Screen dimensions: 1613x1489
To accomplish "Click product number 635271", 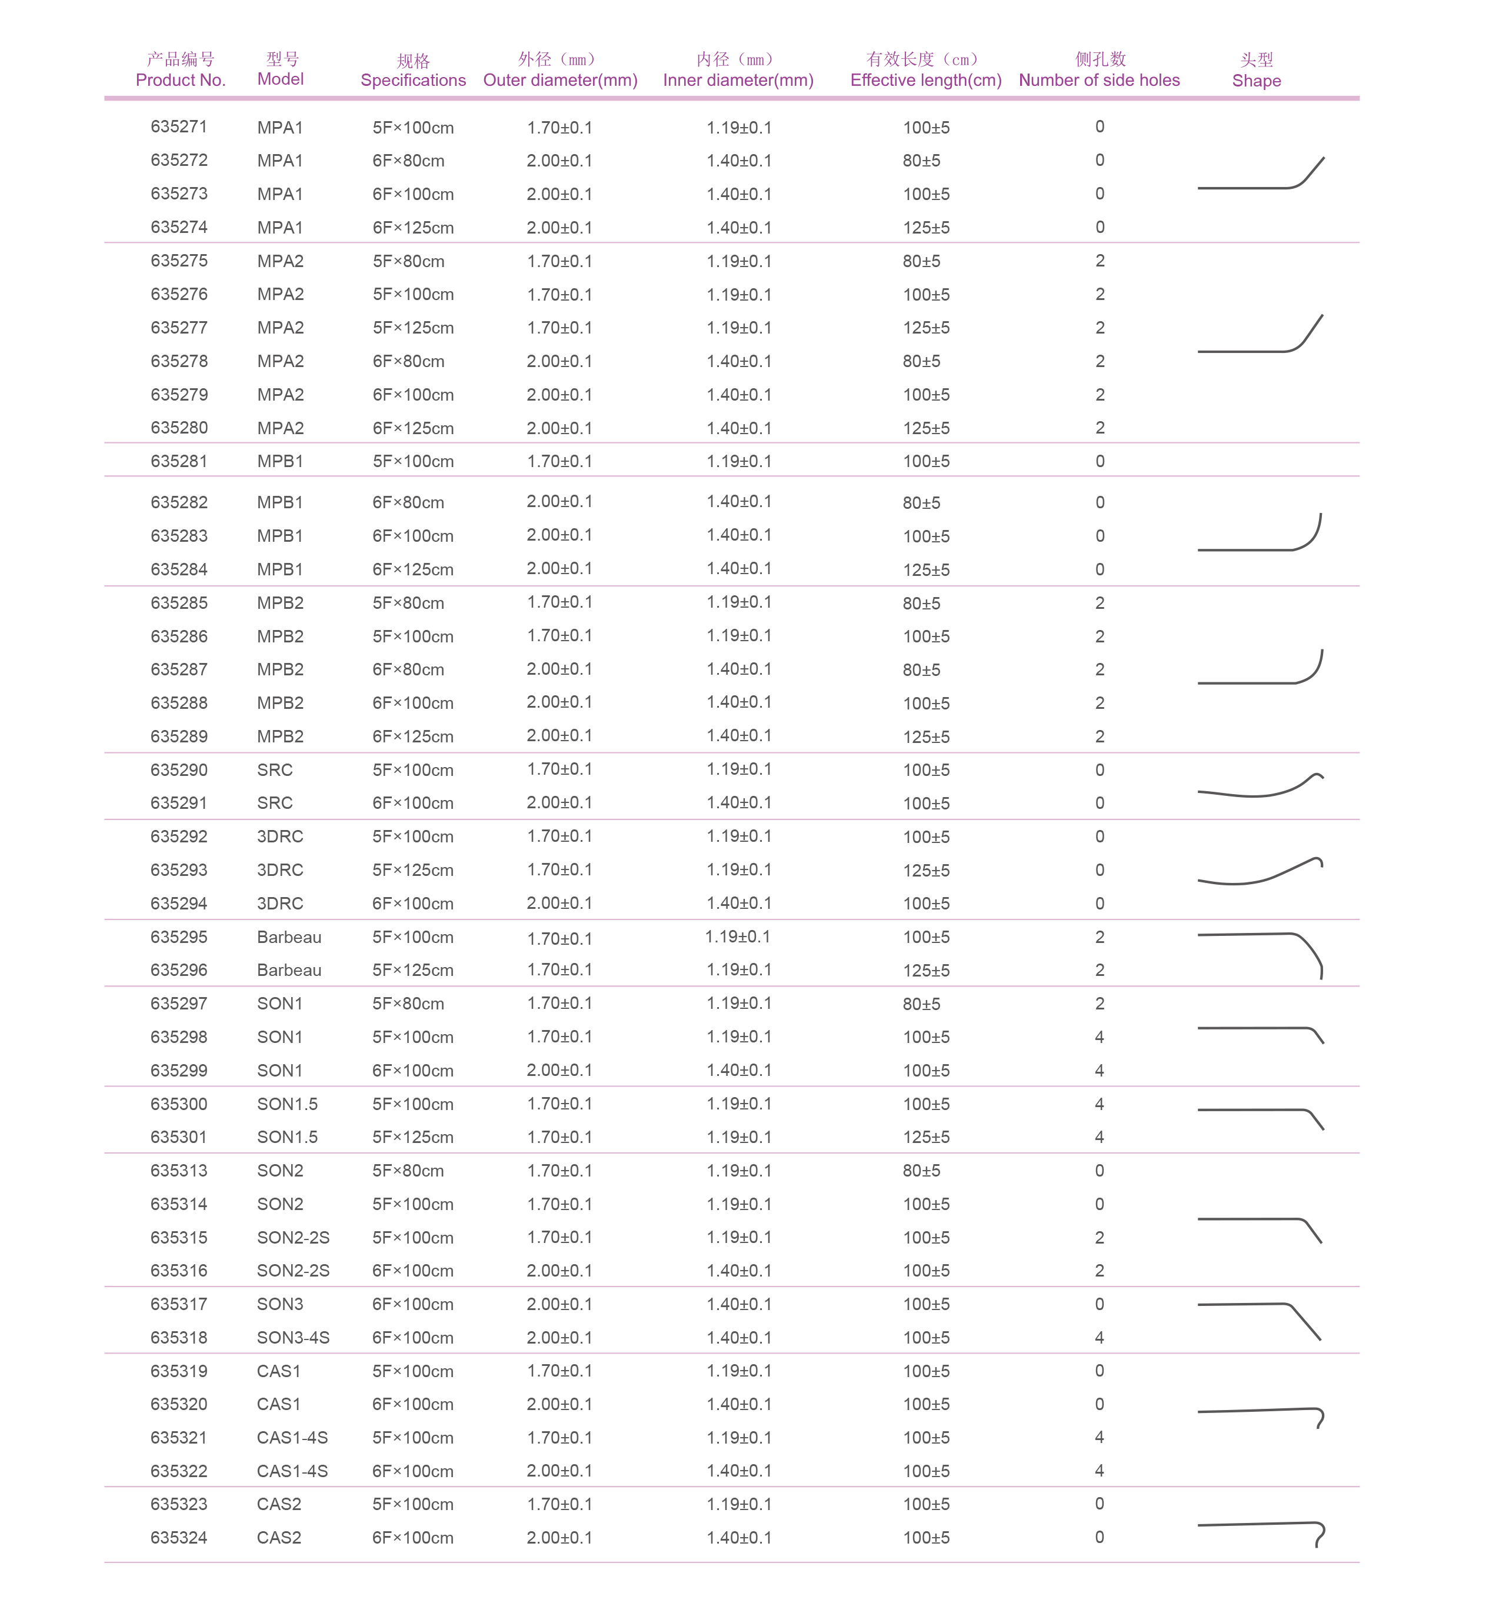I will point(179,127).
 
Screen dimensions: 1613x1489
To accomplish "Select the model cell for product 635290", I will point(275,770).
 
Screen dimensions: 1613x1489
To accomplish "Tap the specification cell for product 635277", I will point(412,328).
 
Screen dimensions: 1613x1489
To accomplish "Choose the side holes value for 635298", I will point(1099,1038).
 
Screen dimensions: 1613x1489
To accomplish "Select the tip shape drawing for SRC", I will point(1261,786).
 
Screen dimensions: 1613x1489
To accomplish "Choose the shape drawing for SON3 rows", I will point(1261,1319).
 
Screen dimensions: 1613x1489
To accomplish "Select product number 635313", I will point(179,1171).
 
